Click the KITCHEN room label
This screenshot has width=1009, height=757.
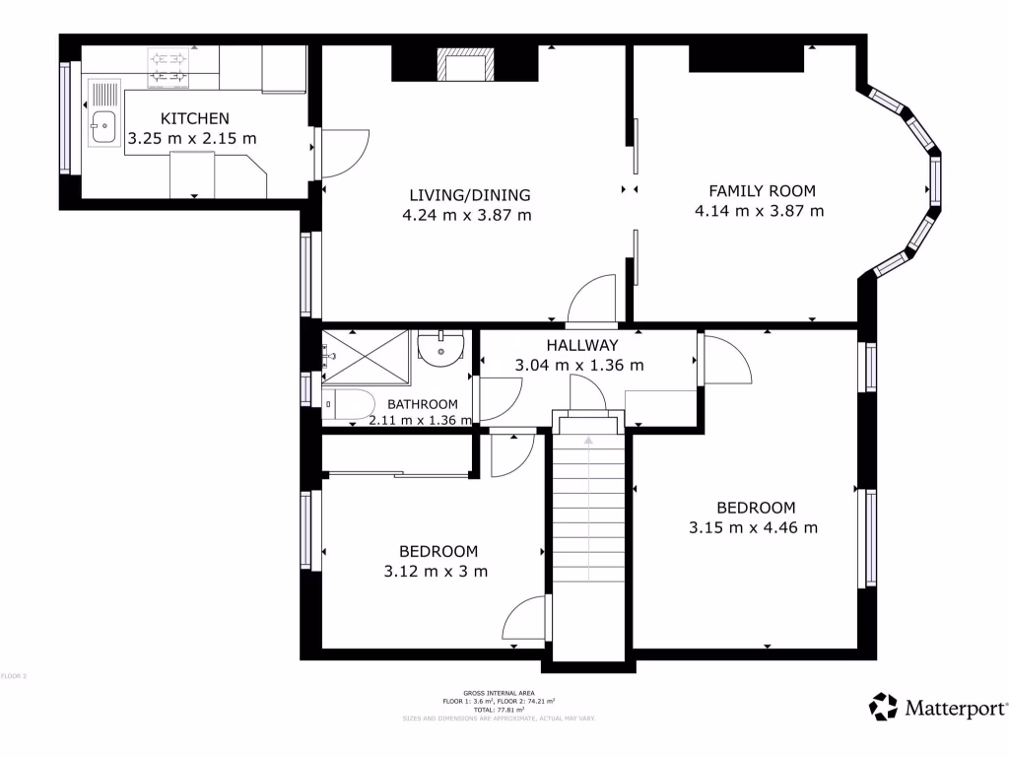(x=194, y=118)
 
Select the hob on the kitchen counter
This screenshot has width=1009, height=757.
(x=168, y=66)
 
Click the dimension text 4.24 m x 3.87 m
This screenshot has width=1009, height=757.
(x=467, y=215)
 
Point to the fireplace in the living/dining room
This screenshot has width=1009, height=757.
(x=465, y=67)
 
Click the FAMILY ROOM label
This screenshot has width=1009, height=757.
(x=762, y=191)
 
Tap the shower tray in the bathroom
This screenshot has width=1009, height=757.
(x=366, y=356)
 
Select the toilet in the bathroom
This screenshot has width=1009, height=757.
(x=347, y=405)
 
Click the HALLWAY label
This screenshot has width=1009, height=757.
(x=581, y=345)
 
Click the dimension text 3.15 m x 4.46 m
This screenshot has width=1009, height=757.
(x=753, y=527)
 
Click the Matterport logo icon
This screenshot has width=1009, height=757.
(x=883, y=707)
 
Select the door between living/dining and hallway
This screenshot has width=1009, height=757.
(x=591, y=302)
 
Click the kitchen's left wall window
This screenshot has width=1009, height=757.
(x=66, y=118)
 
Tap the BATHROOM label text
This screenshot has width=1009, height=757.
(x=422, y=404)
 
